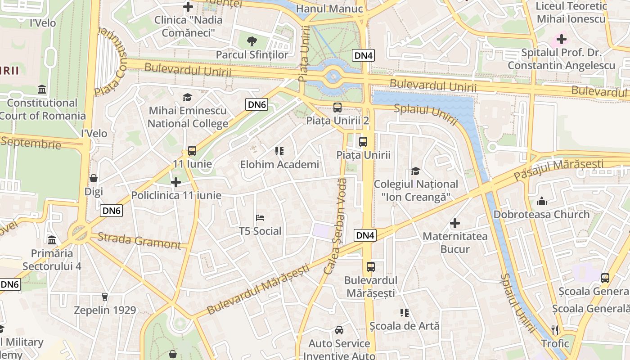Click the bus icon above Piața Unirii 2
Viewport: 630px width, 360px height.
pyautogui.click(x=337, y=108)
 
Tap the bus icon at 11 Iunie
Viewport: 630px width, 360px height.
pyautogui.click(x=192, y=151)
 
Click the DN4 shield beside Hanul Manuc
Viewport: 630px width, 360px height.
pyautogui.click(x=363, y=55)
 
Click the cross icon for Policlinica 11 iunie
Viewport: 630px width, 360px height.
pyautogui.click(x=176, y=182)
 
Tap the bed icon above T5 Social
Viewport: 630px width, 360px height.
pyautogui.click(x=260, y=218)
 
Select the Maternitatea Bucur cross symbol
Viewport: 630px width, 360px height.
pyautogui.click(x=455, y=223)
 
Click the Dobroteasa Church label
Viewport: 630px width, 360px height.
pyautogui.click(x=541, y=214)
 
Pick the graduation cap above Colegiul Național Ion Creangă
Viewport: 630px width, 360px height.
pyautogui.click(x=415, y=171)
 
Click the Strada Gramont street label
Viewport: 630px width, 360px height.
pyautogui.click(x=139, y=241)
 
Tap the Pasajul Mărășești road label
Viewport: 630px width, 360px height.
pyautogui.click(x=559, y=169)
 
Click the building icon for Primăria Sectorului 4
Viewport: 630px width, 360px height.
pyautogui.click(x=52, y=240)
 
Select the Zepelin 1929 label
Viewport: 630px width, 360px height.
pyautogui.click(x=105, y=310)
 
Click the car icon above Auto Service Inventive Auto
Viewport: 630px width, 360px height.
pyautogui.click(x=339, y=330)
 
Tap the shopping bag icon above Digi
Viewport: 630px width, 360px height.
pyautogui.click(x=94, y=179)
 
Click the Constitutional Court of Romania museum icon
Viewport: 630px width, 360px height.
pyautogui.click(x=42, y=90)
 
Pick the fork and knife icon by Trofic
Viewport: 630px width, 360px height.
pyautogui.click(x=555, y=330)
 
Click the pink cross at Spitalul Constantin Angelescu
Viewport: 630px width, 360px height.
pyautogui.click(x=561, y=39)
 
